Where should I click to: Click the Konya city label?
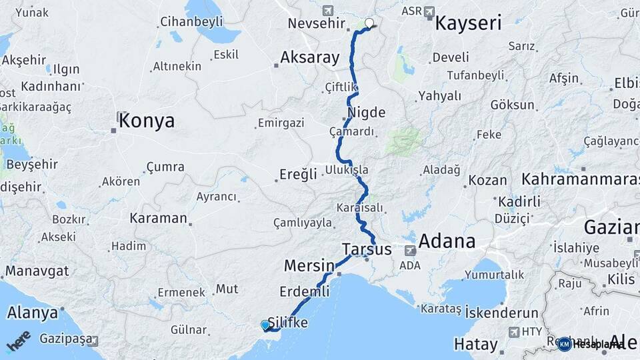pyautogui.click(x=147, y=121)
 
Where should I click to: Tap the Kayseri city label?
pyautogui.click(x=468, y=24)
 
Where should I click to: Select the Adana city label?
pyautogui.click(x=447, y=241)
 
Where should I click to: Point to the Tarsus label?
pyautogui.click(x=367, y=249)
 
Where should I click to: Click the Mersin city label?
pyautogui.click(x=309, y=265)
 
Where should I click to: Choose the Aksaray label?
pyautogui.click(x=310, y=57)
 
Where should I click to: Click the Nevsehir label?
pyautogui.click(x=317, y=24)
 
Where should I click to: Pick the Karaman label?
pyautogui.click(x=159, y=218)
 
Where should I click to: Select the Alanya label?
pyautogui.click(x=32, y=313)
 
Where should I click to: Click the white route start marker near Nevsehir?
pyautogui.click(x=369, y=23)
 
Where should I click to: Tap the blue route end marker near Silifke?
pyautogui.click(x=265, y=325)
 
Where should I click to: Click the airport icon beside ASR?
pyautogui.click(x=429, y=11)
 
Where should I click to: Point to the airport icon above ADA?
pyautogui.click(x=410, y=251)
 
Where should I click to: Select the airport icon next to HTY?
pyautogui.click(x=513, y=331)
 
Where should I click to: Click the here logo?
pyautogui.click(x=19, y=341)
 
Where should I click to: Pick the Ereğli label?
pyautogui.click(x=298, y=175)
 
